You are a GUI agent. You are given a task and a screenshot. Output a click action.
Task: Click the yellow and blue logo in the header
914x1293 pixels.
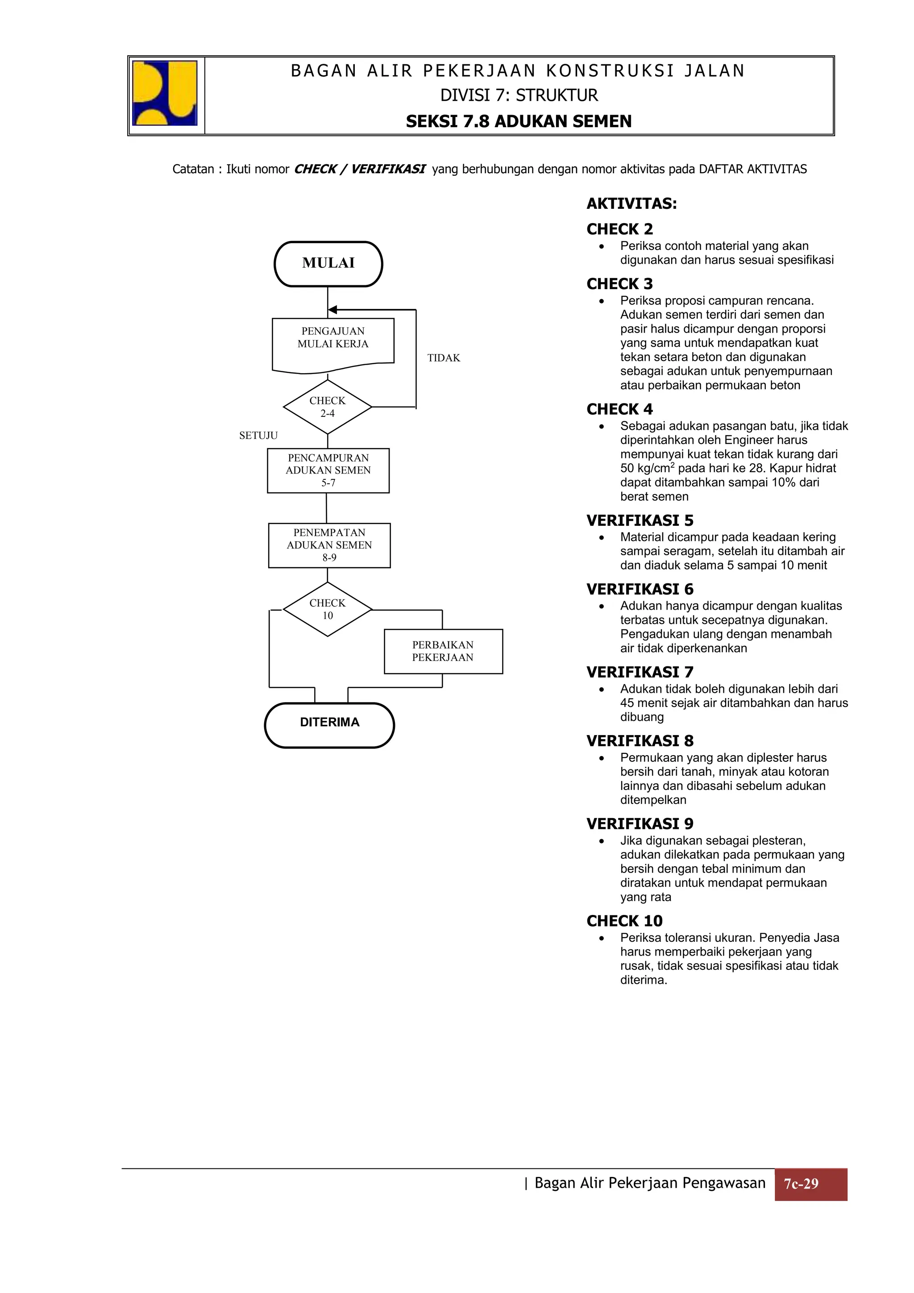[x=164, y=93]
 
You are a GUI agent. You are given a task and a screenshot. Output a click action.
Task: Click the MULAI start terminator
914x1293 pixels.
[x=328, y=264]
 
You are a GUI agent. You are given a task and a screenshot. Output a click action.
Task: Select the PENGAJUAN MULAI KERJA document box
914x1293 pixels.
[x=333, y=342]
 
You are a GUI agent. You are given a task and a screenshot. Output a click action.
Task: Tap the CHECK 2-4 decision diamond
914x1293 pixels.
[x=327, y=407]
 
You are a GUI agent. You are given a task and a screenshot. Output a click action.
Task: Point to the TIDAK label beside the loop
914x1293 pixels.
[x=443, y=358]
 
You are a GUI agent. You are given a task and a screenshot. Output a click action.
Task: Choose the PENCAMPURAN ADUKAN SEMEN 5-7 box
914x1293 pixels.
[x=328, y=471]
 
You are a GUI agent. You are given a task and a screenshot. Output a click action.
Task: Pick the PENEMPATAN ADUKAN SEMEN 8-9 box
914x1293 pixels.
[x=329, y=545]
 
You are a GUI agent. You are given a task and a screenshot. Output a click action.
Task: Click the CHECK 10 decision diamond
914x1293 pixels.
[x=327, y=609]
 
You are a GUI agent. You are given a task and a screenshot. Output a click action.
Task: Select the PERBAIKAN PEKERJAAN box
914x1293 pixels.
[x=443, y=651]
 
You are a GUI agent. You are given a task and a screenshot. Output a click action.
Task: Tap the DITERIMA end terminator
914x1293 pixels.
[x=329, y=725]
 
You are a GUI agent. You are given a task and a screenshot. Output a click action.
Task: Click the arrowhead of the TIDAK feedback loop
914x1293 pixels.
[x=333, y=310]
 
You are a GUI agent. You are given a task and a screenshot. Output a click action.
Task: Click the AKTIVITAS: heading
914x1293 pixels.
[x=631, y=204]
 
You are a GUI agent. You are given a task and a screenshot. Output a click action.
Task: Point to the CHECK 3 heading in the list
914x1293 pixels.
[x=619, y=284]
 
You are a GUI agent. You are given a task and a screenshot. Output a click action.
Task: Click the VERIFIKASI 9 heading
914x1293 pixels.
[x=640, y=824]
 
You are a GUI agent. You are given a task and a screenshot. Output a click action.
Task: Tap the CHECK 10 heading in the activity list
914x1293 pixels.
[x=624, y=921]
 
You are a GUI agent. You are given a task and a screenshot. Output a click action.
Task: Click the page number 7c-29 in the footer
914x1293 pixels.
[x=810, y=1184]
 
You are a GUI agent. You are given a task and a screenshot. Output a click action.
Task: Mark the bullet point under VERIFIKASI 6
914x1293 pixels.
[x=602, y=607]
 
